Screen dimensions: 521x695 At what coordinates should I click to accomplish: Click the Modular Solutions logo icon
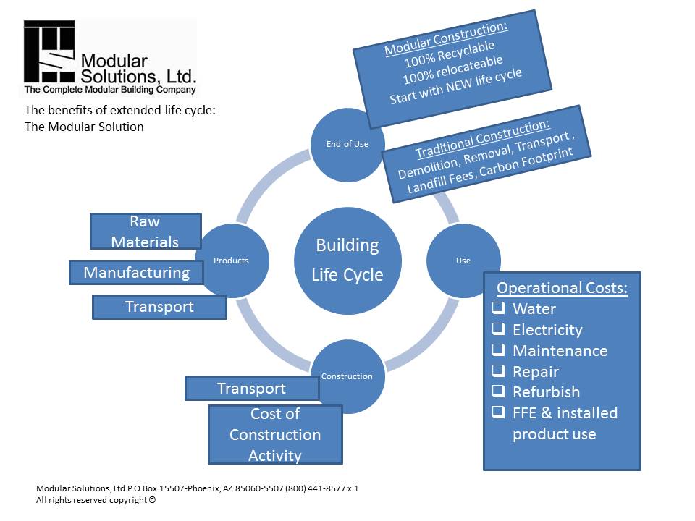[49, 52]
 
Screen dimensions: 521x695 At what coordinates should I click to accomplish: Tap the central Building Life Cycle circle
[347, 260]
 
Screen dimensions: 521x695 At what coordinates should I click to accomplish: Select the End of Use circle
[347, 144]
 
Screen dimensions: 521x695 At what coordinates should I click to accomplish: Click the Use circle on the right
[463, 260]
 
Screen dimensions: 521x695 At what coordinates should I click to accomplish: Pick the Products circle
[232, 260]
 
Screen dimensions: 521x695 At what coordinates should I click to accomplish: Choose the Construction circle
[347, 376]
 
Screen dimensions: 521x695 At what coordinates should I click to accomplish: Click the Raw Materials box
[145, 231]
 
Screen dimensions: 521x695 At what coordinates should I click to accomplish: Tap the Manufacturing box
[136, 273]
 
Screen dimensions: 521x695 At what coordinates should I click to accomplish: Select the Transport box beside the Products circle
[159, 307]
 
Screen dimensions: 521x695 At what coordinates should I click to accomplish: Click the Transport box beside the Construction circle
[251, 389]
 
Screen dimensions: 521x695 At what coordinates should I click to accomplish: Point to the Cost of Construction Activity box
[275, 434]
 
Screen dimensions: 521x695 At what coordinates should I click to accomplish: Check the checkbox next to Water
[499, 308]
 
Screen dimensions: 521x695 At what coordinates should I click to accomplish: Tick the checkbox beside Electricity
[499, 329]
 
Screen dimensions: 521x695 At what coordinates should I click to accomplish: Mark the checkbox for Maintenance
[499, 350]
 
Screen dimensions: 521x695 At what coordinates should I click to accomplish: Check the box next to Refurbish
[499, 391]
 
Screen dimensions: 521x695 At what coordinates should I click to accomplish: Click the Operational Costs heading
[562, 287]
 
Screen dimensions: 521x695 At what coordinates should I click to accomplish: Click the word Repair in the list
[536, 371]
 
